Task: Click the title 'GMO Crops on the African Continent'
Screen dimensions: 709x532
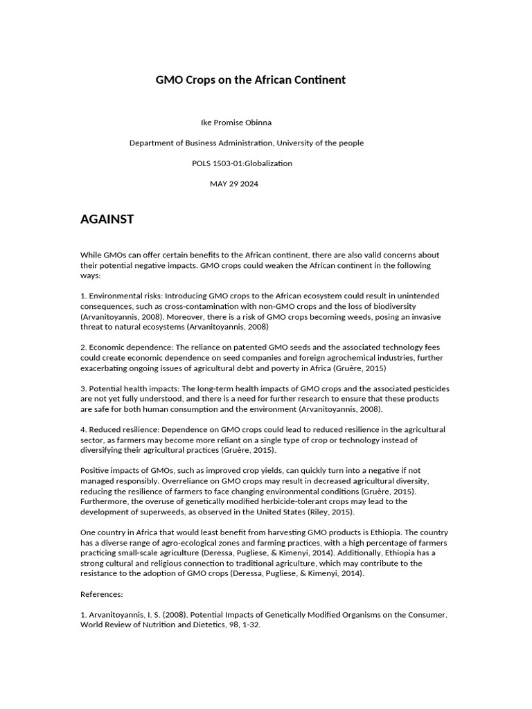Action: pos(250,80)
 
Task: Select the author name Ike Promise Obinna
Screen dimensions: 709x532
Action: pos(236,123)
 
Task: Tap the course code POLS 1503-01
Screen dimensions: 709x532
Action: pos(217,163)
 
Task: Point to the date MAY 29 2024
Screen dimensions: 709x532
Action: pos(234,183)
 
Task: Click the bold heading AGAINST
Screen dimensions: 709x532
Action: pos(107,219)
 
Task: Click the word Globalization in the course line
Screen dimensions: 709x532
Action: pos(267,163)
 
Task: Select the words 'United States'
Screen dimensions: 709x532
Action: pos(281,512)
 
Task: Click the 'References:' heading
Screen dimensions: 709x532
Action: pos(102,593)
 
